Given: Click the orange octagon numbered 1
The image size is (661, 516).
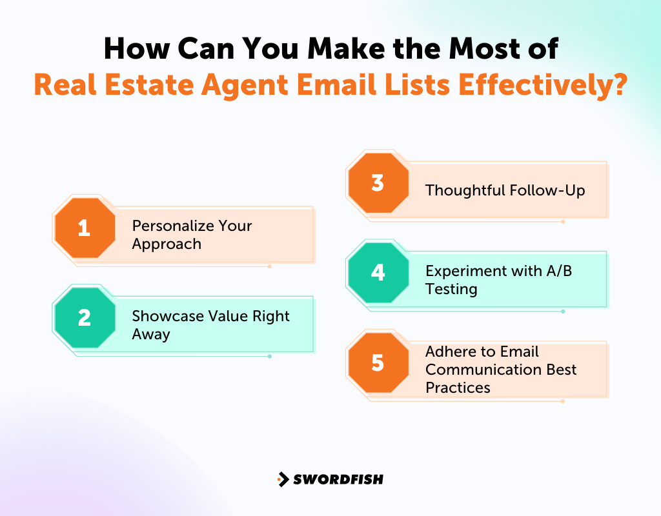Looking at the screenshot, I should pyautogui.click(x=85, y=228).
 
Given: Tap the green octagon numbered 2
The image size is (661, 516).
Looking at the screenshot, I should pyautogui.click(x=85, y=318).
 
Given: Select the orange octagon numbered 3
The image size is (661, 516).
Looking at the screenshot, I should pyautogui.click(x=378, y=183).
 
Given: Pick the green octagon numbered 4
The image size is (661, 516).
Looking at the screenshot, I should pyautogui.click(x=378, y=272).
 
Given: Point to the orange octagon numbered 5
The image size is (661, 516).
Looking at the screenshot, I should pyautogui.click(x=378, y=362).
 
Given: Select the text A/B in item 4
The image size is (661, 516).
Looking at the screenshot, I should pyautogui.click(x=559, y=271).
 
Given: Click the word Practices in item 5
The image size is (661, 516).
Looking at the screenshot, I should pyautogui.click(x=458, y=388).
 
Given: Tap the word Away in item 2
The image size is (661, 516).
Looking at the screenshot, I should pyautogui.click(x=151, y=334).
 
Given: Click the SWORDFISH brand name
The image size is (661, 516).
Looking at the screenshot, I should pyautogui.click(x=338, y=479).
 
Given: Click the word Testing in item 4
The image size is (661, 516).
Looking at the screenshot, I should pyautogui.click(x=451, y=289).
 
